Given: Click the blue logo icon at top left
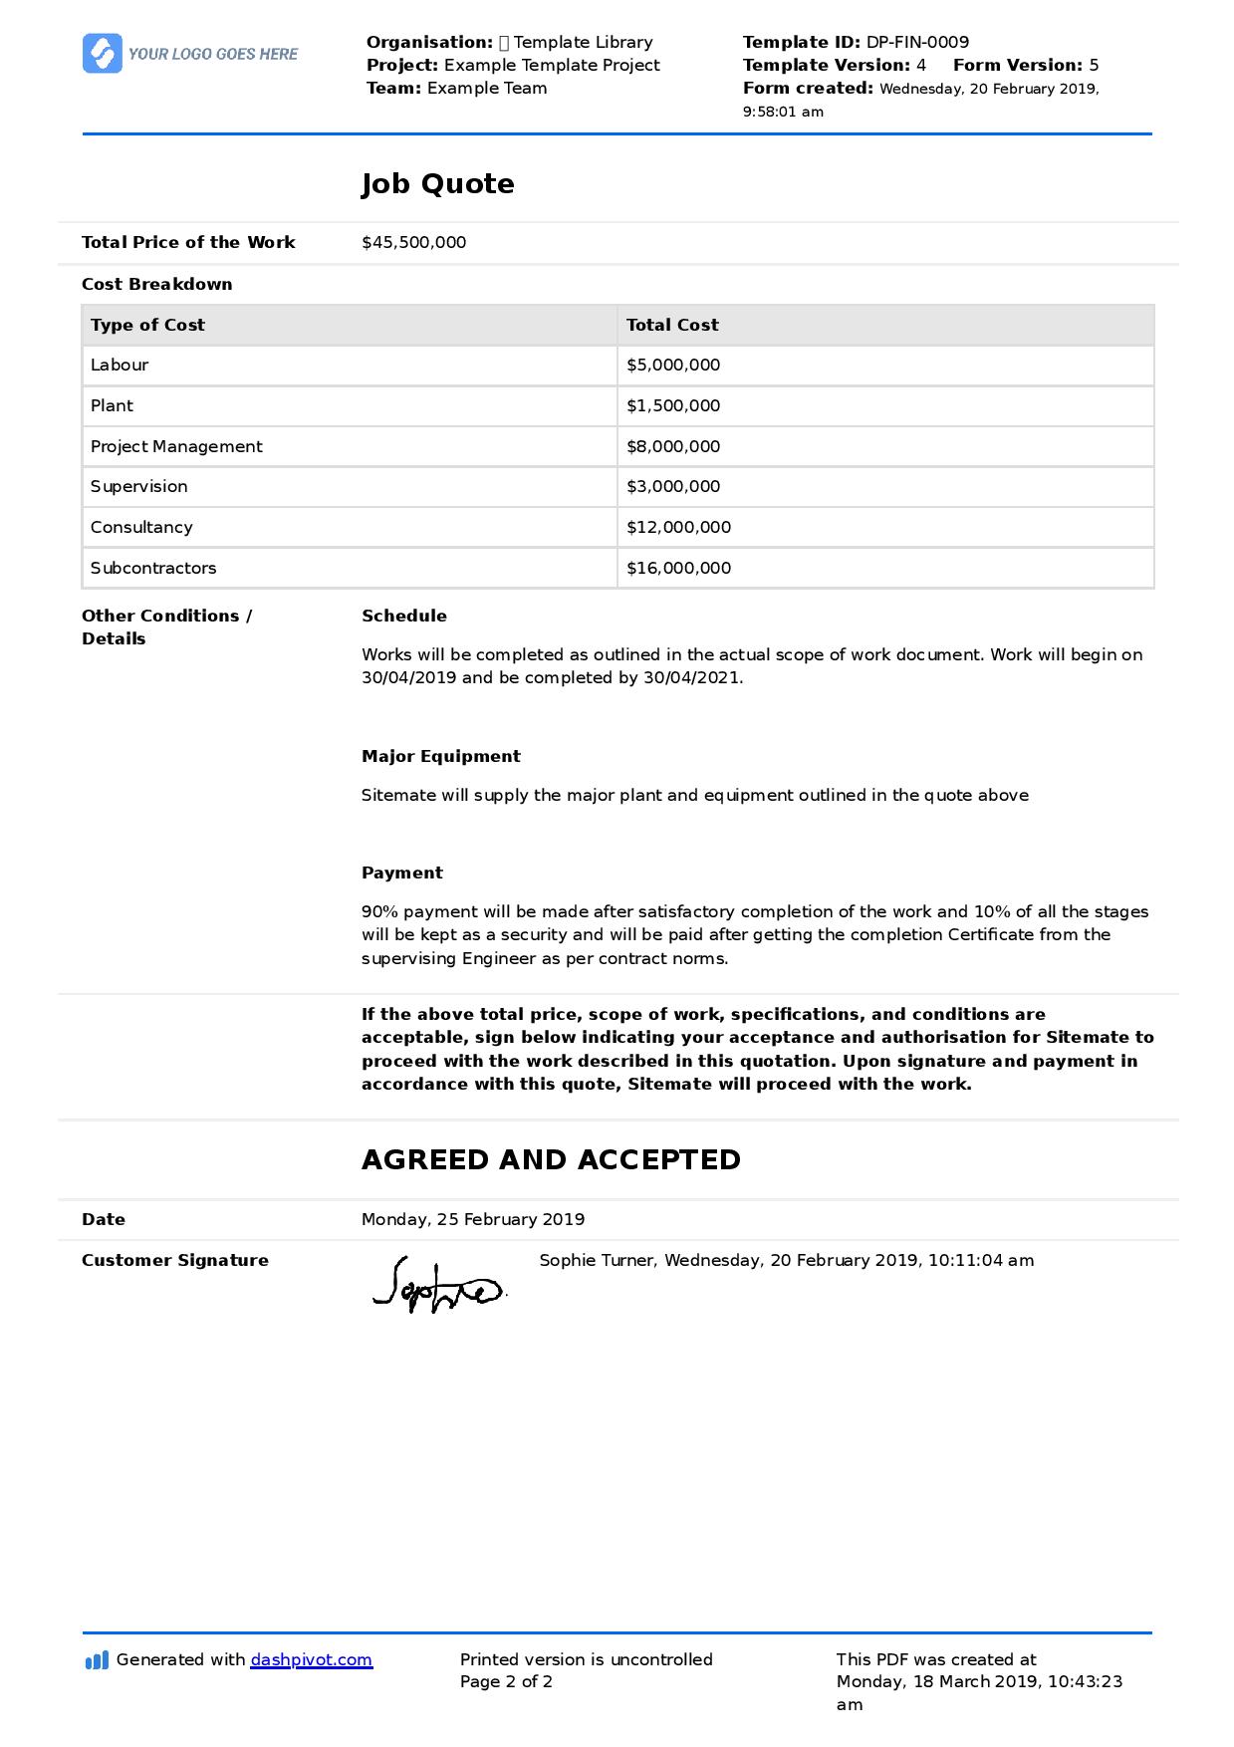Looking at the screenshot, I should [102, 54].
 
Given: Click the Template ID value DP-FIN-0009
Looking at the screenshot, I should [916, 42].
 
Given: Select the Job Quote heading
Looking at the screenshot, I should [437, 184].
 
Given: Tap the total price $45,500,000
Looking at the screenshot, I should [413, 243].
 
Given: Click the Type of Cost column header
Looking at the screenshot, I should [147, 325].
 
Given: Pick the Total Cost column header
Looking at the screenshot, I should [672, 325].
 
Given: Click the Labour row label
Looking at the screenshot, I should [120, 366].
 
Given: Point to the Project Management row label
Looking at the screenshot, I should [176, 447].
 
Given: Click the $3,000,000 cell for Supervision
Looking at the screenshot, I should [673, 487].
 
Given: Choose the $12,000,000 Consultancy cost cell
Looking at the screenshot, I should [678, 528].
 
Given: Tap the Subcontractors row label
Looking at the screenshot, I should [153, 569].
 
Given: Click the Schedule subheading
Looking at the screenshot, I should [404, 617].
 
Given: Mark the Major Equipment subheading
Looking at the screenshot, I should [440, 757].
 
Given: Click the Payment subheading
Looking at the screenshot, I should [401, 873].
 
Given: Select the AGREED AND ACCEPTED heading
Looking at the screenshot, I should [551, 1160].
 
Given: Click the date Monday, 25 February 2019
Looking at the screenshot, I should [473, 1220].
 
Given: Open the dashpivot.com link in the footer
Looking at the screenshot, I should [311, 1660].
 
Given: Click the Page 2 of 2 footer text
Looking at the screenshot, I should [506, 1682].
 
